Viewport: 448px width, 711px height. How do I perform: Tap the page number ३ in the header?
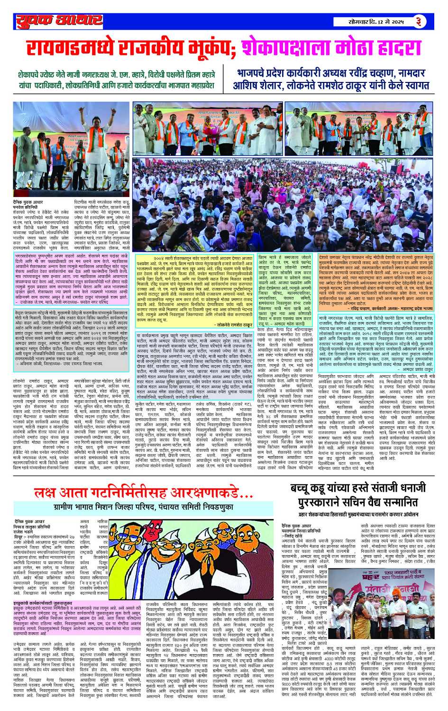(x=419, y=21)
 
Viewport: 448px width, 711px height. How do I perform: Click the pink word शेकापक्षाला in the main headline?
(x=285, y=48)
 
